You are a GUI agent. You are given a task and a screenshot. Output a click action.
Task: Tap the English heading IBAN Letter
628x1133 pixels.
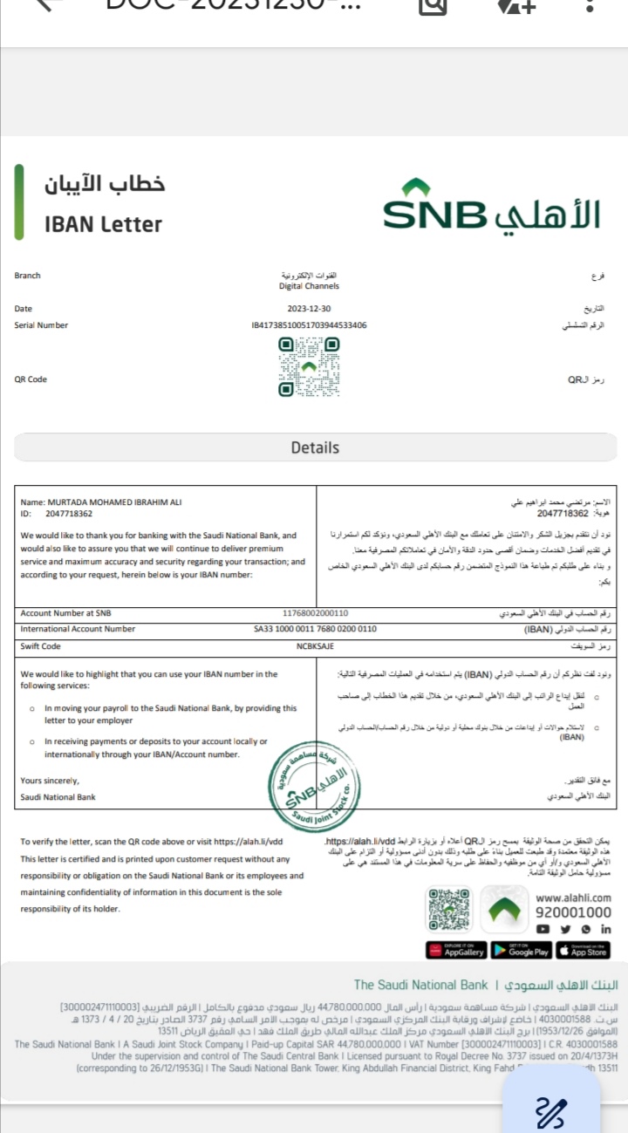pyautogui.click(x=104, y=224)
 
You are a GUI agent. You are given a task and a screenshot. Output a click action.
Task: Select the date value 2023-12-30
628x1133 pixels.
pyautogui.click(x=309, y=309)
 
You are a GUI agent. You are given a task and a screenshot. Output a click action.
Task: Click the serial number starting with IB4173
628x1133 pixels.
pyautogui.click(x=309, y=325)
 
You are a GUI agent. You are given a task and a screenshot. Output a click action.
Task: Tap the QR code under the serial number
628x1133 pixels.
pyautogui.click(x=309, y=367)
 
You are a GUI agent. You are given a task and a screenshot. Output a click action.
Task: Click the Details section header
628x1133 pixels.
pyautogui.click(x=314, y=447)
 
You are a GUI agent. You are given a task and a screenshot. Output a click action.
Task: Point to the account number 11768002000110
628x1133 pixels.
pyautogui.click(x=315, y=613)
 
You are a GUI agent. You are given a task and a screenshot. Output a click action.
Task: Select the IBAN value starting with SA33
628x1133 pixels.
pyautogui.click(x=315, y=629)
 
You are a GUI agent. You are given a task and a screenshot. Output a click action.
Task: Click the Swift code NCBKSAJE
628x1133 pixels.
pyautogui.click(x=315, y=646)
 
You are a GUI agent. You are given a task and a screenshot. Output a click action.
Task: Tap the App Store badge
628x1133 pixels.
pyautogui.click(x=584, y=950)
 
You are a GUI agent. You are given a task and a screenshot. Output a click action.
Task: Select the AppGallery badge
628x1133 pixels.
pyautogui.click(x=456, y=950)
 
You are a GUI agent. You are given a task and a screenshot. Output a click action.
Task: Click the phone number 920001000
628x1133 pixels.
pyautogui.click(x=573, y=912)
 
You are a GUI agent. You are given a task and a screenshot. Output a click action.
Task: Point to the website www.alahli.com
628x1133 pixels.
pyautogui.click(x=573, y=898)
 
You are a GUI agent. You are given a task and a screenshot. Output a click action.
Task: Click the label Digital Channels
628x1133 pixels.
pyautogui.click(x=309, y=286)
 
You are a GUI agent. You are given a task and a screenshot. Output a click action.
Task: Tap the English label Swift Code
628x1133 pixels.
pyautogui.click(x=41, y=646)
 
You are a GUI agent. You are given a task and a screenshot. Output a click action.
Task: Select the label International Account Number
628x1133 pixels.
pyautogui.click(x=78, y=629)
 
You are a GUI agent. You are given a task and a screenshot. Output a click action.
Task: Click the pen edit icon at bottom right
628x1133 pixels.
pyautogui.click(x=550, y=1112)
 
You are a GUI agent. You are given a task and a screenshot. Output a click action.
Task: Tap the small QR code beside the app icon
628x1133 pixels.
pyautogui.click(x=450, y=910)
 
